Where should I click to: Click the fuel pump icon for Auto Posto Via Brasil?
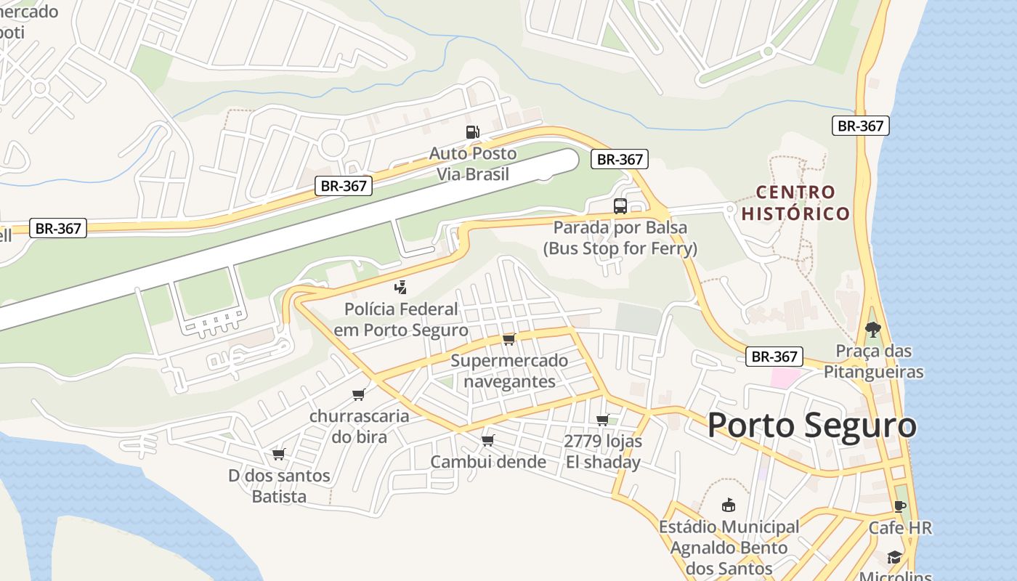click(473, 131)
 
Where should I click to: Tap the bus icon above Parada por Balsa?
click(620, 206)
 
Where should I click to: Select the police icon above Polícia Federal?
click(400, 288)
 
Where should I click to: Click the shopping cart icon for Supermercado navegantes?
click(508, 339)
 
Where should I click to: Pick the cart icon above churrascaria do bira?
click(358, 394)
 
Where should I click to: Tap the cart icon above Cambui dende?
click(487, 440)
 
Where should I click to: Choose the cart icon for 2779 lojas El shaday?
click(602, 420)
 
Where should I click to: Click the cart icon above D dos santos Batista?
click(278, 454)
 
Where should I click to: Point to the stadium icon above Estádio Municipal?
click(728, 505)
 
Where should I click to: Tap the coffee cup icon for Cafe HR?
click(900, 506)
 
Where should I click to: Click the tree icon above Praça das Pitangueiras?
click(872, 329)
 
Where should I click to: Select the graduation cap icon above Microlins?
click(894, 557)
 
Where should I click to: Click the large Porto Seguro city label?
click(811, 425)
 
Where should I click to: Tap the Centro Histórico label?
click(795, 203)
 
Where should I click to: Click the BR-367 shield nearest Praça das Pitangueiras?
click(774, 357)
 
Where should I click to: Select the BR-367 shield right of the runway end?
click(619, 159)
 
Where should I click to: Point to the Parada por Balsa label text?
click(620, 237)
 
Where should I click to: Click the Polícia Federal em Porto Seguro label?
click(401, 320)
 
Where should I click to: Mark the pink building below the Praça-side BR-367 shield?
click(784, 378)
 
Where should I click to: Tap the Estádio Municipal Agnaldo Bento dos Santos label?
click(729, 547)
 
